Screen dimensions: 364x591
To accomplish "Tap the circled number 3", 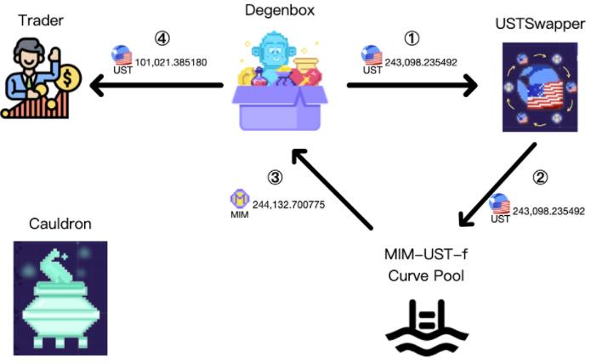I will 274,178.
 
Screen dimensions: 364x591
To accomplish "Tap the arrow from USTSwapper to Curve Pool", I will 497,186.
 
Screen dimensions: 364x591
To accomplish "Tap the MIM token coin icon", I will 239,201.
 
